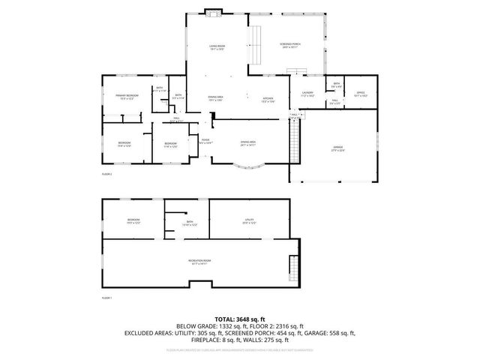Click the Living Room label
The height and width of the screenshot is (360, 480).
point(217,48)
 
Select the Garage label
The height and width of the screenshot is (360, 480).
point(338,148)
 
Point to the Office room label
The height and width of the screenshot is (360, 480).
point(360,94)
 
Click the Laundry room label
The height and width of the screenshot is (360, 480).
point(306,94)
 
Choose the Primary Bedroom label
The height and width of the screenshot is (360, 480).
point(127,96)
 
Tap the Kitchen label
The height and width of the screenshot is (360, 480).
point(268,100)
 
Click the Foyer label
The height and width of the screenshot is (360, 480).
point(205,140)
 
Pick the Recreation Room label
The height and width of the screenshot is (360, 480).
point(200,262)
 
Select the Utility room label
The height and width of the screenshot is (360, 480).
point(249,222)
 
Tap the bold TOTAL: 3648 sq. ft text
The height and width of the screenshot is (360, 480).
point(240,319)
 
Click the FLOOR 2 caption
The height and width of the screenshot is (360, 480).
point(106,174)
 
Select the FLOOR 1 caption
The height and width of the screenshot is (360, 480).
point(106,298)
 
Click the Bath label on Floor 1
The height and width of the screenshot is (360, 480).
point(189,223)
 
